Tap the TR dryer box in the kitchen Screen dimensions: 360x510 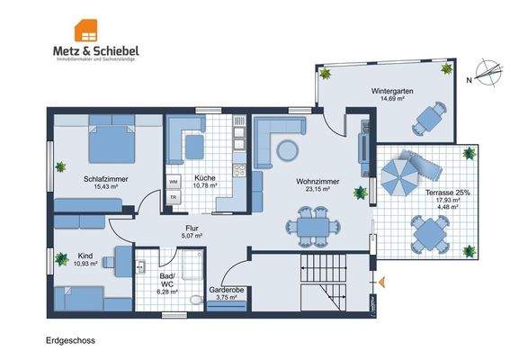[174, 198]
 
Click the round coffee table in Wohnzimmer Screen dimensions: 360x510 [288, 148]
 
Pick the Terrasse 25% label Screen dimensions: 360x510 [447, 193]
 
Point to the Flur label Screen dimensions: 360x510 [192, 229]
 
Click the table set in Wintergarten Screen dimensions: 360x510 [435, 117]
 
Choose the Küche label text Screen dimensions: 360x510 [203, 178]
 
